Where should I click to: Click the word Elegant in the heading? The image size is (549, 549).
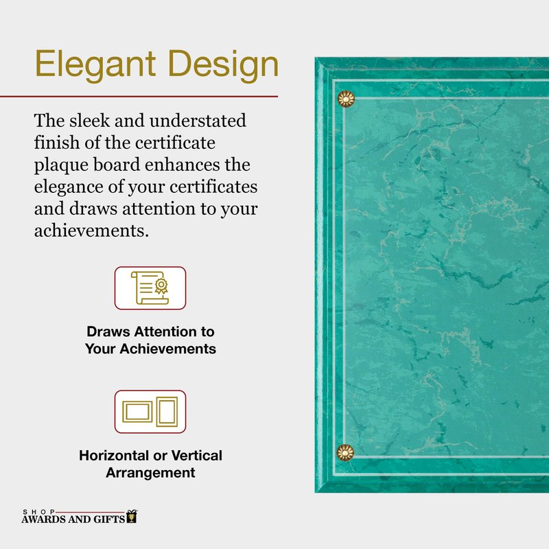[x=95, y=65]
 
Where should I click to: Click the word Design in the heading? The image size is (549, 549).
[x=224, y=65]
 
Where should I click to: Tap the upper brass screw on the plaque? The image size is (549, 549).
[x=346, y=99]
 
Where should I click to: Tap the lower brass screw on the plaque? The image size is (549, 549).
[x=345, y=453]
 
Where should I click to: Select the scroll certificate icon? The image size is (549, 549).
[x=150, y=288]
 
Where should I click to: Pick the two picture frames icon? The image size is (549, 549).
[x=150, y=411]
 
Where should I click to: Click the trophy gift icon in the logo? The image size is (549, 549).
[x=132, y=517]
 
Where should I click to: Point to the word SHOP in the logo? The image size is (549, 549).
[x=38, y=512]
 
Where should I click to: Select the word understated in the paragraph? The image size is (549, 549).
[x=198, y=121]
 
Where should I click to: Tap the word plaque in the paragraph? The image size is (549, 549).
[x=61, y=165]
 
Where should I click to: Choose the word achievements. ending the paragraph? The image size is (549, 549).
[x=91, y=231]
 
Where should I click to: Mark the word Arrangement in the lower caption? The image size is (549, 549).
[x=150, y=473]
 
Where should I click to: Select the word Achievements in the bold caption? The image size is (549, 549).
[x=168, y=349]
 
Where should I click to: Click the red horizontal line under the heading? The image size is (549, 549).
[x=139, y=96]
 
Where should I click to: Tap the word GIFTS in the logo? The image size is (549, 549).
[x=109, y=519]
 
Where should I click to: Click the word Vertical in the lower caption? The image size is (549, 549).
[x=196, y=456]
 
